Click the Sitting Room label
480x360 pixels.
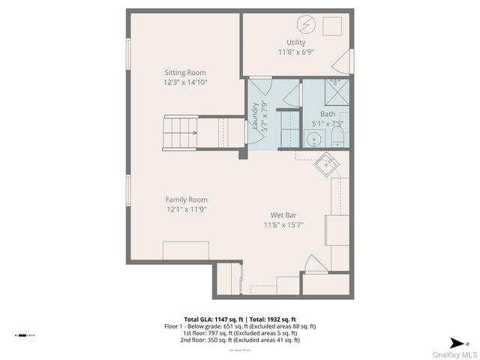(x=185, y=73)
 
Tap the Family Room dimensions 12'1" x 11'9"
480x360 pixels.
(x=186, y=209)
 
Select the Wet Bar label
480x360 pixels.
(x=283, y=214)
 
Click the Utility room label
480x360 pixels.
(x=295, y=42)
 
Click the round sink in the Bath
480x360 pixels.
(x=312, y=138)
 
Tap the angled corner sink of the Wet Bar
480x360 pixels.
(x=327, y=163)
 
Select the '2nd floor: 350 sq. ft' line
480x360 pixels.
(x=239, y=340)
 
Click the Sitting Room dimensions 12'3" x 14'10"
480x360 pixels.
(x=186, y=82)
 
